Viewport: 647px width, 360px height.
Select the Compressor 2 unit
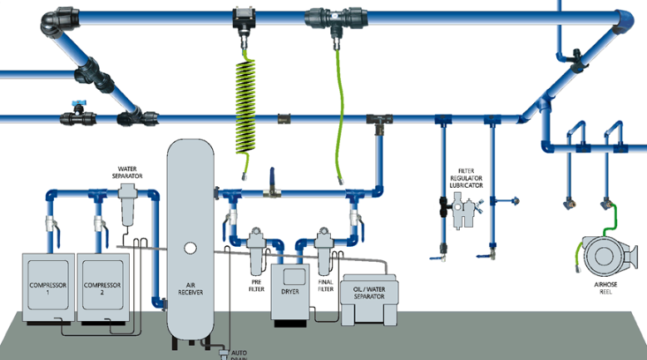pos(101,287)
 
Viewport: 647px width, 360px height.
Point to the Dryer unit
pos(290,291)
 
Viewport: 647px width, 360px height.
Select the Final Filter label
pos(325,286)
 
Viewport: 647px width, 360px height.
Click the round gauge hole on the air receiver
pos(190,247)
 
